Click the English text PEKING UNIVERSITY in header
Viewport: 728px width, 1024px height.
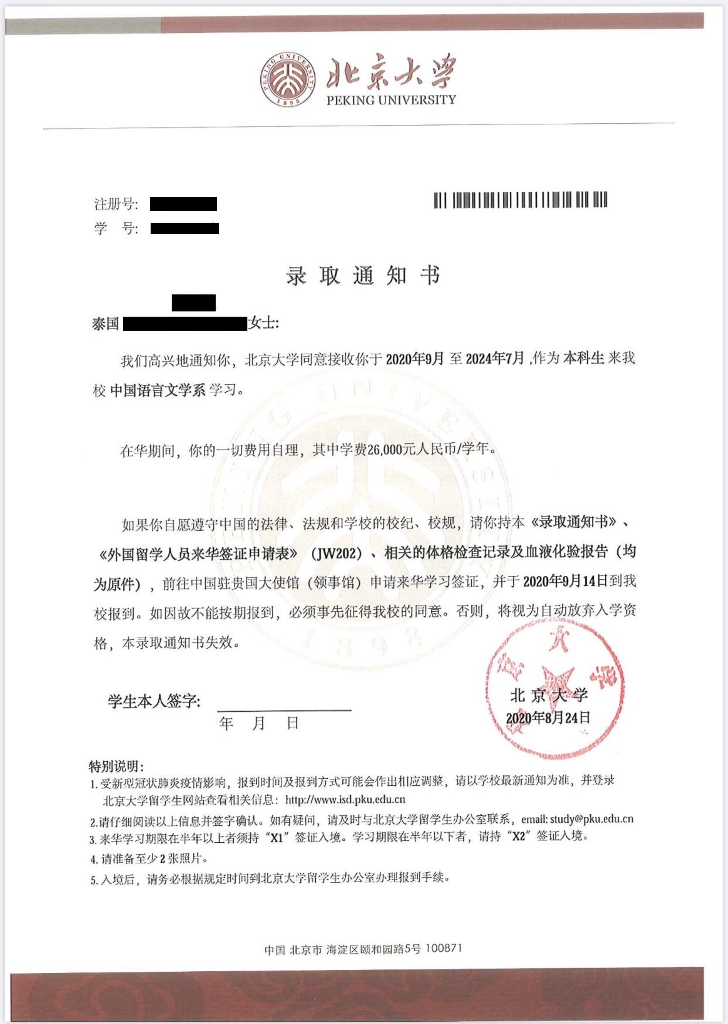pyautogui.click(x=391, y=100)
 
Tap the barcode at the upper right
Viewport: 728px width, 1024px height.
pyautogui.click(x=521, y=200)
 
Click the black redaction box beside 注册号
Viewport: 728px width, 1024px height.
pyautogui.click(x=183, y=204)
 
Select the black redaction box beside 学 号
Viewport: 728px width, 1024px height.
pyautogui.click(x=185, y=228)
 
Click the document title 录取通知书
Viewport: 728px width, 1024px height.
pyautogui.click(x=363, y=276)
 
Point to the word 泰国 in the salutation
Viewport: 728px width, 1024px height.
pyautogui.click(x=106, y=324)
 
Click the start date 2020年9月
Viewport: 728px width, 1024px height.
pyautogui.click(x=415, y=359)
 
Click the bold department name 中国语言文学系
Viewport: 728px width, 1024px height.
pyautogui.click(x=158, y=390)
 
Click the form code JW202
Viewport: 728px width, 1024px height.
pyautogui.click(x=336, y=553)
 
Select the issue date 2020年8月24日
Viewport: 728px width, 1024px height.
pyautogui.click(x=548, y=718)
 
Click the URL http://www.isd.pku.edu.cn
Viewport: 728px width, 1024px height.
pyautogui.click(x=345, y=799)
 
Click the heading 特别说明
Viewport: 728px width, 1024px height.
pyautogui.click(x=115, y=766)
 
